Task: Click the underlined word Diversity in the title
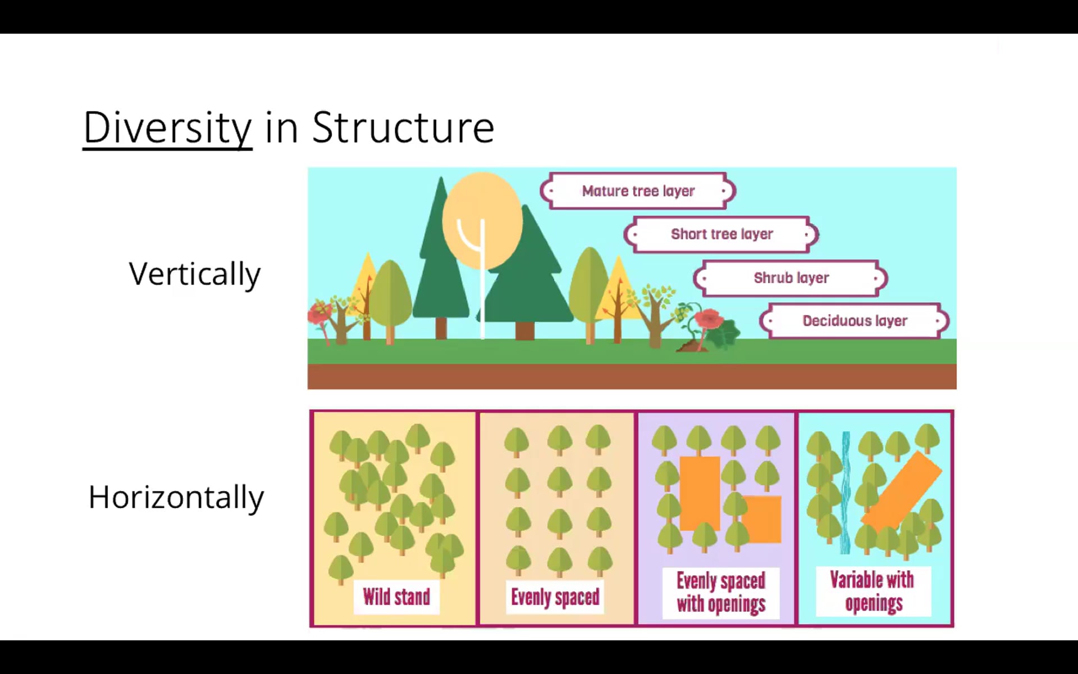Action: pos(167,128)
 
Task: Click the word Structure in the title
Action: pos(403,127)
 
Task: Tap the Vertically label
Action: pos(194,274)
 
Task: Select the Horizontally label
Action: pos(176,497)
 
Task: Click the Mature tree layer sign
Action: pos(638,191)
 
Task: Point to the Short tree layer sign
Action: pos(721,234)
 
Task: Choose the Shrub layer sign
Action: pos(791,278)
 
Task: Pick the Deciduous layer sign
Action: pos(855,321)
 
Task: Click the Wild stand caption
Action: pos(396,597)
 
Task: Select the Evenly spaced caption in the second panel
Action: pos(555,597)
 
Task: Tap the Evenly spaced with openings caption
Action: pos(721,593)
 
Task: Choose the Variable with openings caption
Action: pos(873,591)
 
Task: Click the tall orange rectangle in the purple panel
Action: pos(700,493)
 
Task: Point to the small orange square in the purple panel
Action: pos(762,519)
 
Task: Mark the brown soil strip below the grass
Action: pos(632,376)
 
